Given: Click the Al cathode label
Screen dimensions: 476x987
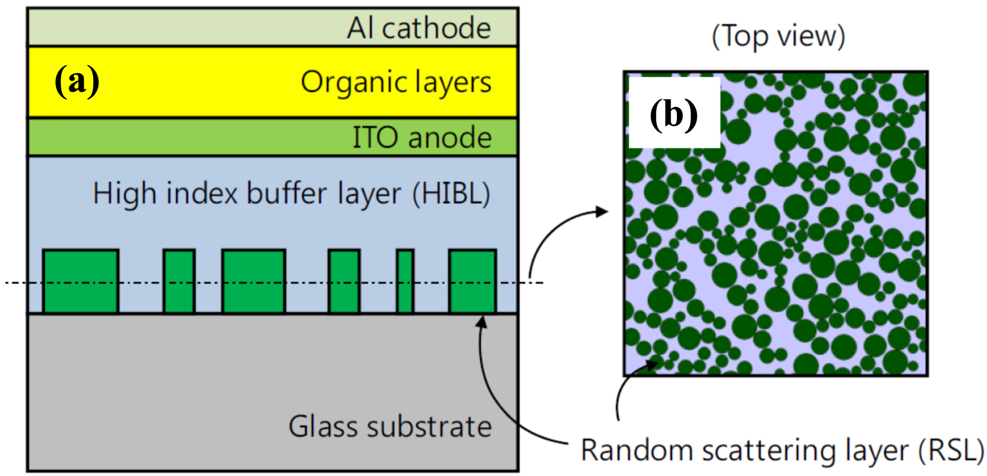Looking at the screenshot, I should (419, 28).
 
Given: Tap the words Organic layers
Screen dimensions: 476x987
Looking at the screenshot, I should (396, 82).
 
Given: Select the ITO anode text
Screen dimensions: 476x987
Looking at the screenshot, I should (422, 137).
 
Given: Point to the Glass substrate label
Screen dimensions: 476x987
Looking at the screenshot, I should (390, 427).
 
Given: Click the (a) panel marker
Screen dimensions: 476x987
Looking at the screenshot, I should (77, 81).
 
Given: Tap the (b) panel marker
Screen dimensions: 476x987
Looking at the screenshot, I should (673, 113).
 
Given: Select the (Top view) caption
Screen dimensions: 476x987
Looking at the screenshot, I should (778, 37).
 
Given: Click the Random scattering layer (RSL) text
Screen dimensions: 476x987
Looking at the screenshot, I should (782, 450).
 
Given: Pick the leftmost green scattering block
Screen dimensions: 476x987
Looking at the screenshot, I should (81, 281).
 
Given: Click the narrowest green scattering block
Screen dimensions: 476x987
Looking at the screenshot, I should (405, 281).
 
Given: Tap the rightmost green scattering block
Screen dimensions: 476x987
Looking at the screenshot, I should (472, 281).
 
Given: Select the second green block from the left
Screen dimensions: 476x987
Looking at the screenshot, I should (179, 281).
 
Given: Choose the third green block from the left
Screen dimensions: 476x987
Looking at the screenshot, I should (253, 281).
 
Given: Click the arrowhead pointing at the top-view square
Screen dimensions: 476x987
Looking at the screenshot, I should (602, 211).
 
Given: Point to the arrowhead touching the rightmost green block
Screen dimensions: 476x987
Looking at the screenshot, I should (482, 321).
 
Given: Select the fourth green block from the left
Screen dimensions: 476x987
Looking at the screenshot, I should (344, 281).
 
